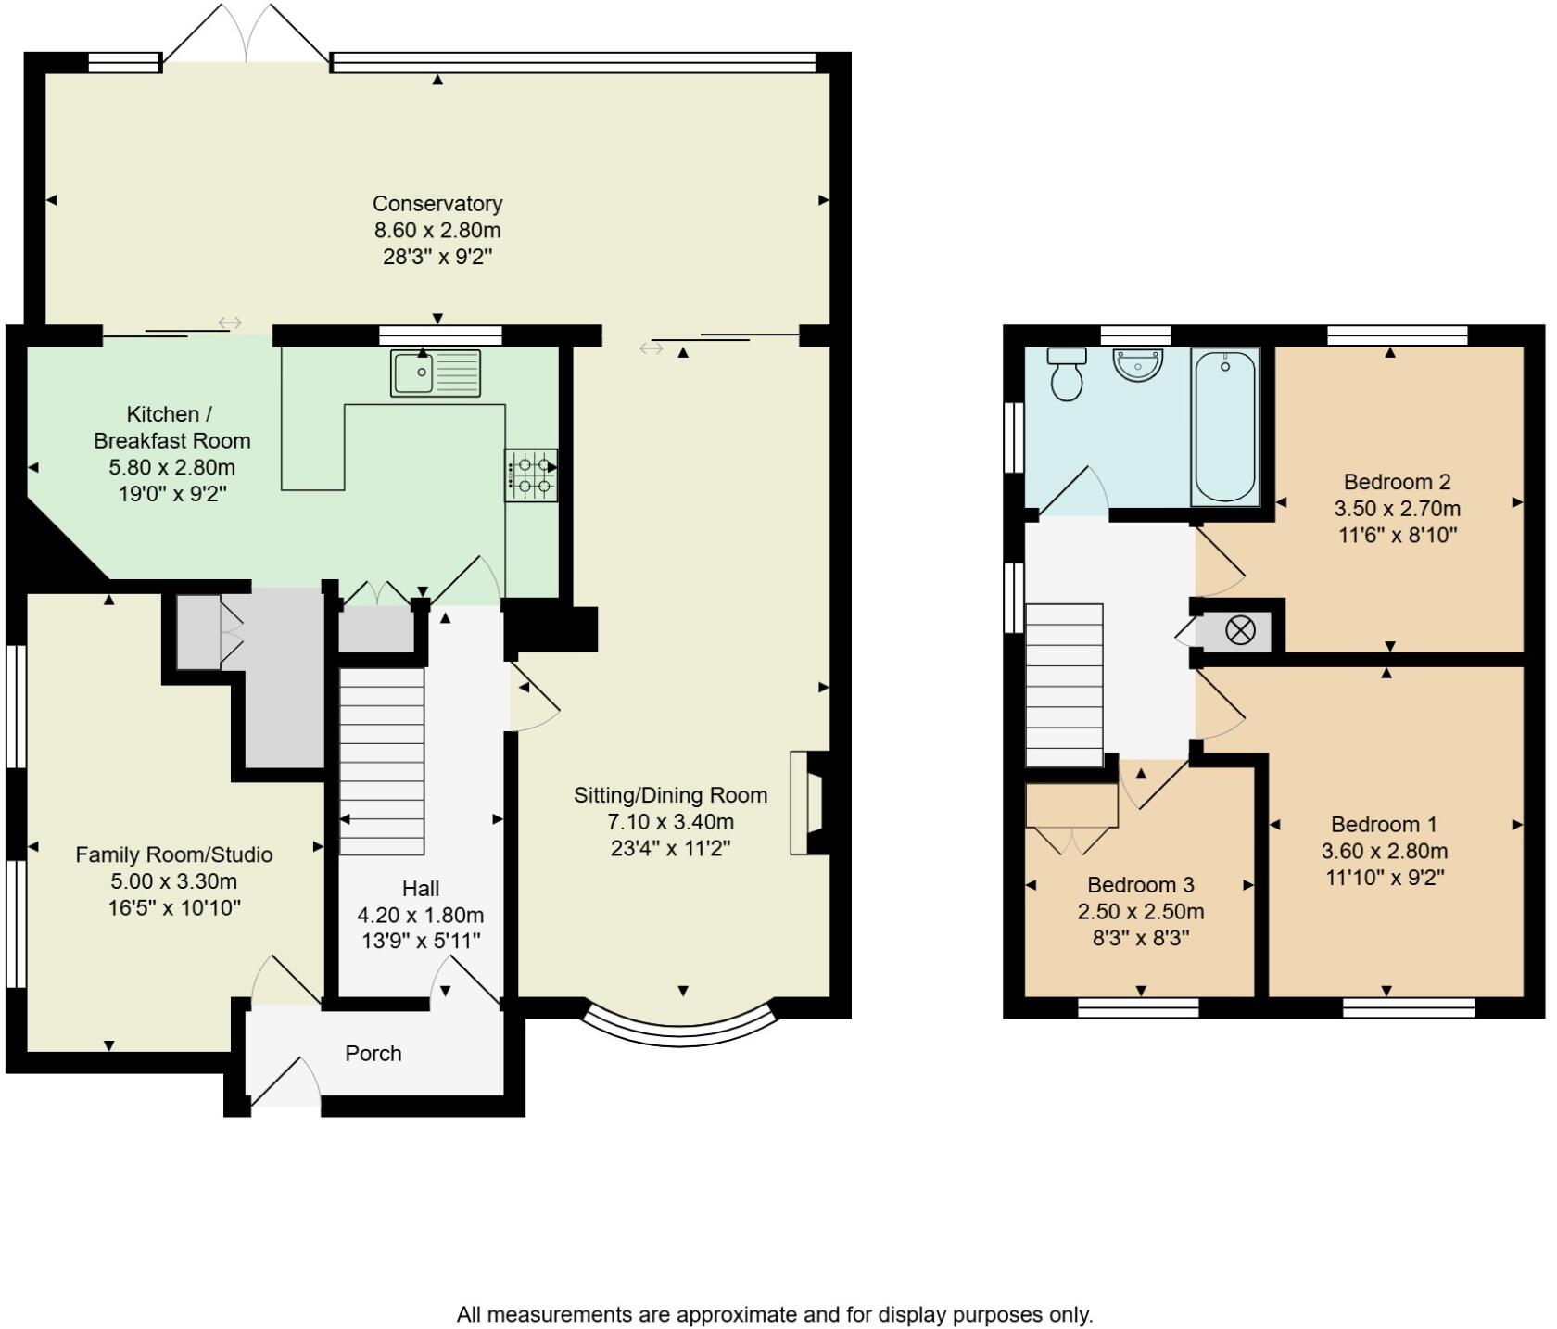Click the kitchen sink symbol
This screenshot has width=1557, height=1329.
pos(436,373)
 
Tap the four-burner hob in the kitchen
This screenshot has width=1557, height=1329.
pos(531,475)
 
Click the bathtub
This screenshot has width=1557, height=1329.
pos(1224,427)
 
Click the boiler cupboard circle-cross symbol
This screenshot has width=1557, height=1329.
pos(1239,631)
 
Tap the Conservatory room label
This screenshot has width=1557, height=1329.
pos(437,204)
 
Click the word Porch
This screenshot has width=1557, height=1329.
pos(373,1054)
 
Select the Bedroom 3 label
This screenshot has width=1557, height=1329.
pos(1140,885)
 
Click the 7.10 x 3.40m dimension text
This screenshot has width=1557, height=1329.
pos(670,821)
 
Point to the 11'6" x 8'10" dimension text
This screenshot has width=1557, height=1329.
pos(1398,535)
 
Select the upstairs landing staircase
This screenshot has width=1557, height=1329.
pos(1064,685)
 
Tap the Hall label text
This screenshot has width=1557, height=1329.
pos(421,889)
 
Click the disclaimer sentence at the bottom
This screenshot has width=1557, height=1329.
pos(775,1314)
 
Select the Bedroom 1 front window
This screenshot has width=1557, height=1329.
pos(1408,1006)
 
